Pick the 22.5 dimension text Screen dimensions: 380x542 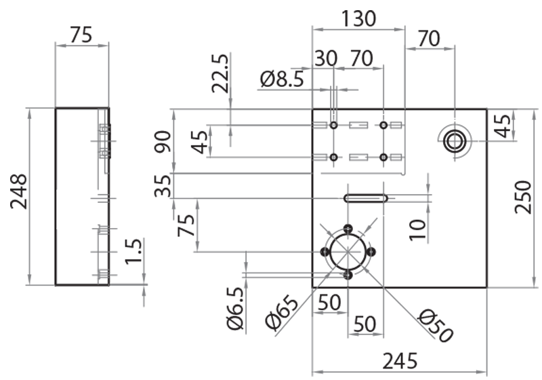tap(220, 74)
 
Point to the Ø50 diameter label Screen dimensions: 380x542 tap(434, 326)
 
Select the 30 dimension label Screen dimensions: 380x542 tap(326, 59)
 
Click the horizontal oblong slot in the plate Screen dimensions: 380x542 tap(366, 198)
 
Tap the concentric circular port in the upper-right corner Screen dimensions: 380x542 tap(453, 140)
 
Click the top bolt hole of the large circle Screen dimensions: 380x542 tap(348, 229)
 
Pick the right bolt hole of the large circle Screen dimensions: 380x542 tap(371, 252)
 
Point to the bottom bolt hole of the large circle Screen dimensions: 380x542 tap(348, 275)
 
